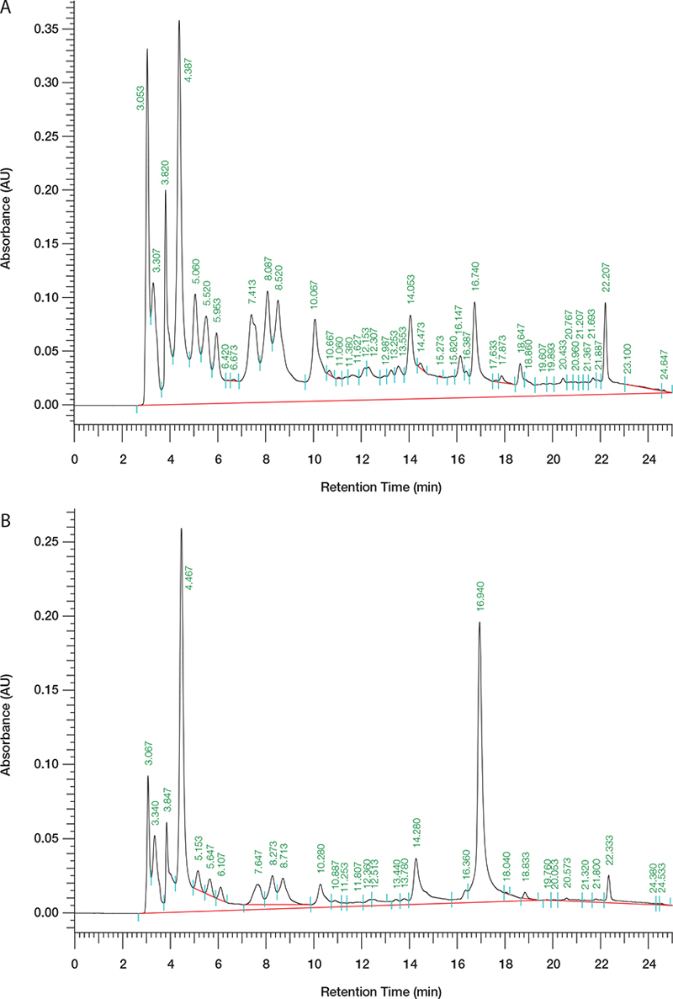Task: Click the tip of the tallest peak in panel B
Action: tap(181, 529)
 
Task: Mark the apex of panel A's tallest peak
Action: tap(179, 21)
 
